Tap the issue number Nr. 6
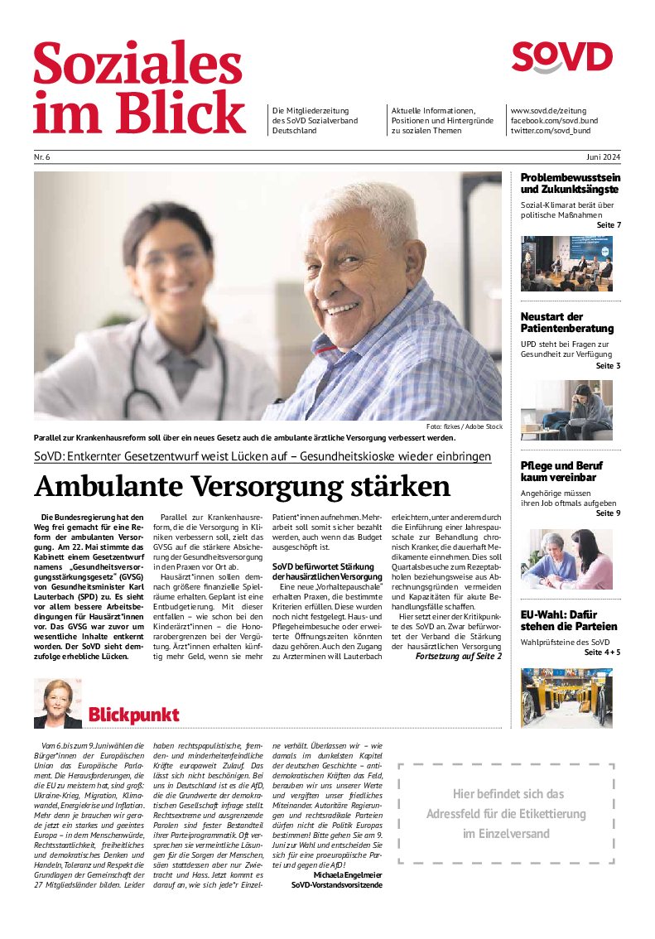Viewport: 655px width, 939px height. pos(42,157)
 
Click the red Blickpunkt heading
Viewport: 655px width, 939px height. pos(133,715)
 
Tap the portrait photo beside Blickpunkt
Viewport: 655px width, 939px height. pos(58,704)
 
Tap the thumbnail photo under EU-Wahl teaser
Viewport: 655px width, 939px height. pos(566,698)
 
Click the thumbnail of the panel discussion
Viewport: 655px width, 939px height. pos(566,263)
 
